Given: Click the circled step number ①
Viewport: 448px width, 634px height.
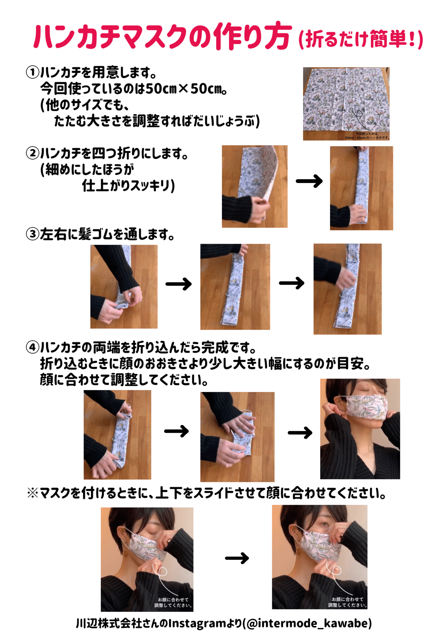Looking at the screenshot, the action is [x=33, y=72].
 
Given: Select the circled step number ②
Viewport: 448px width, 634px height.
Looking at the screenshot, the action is [x=33, y=153].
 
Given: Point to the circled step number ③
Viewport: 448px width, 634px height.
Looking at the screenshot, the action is [x=33, y=234].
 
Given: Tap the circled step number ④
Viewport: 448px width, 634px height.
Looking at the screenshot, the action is [x=33, y=348].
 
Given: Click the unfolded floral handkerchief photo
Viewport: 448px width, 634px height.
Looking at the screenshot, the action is [x=346, y=104].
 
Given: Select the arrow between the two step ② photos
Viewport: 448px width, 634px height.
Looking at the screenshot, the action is [x=309, y=181].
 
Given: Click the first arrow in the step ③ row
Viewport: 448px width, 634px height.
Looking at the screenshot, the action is [x=178, y=284].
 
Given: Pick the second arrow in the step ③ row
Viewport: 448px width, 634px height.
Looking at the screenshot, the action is [x=292, y=283].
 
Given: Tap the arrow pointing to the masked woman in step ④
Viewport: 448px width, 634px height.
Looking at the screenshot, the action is [x=300, y=433].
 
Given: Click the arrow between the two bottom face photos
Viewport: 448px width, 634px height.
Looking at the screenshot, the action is [x=237, y=558].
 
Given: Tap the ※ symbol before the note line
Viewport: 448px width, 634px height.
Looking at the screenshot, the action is [x=33, y=493].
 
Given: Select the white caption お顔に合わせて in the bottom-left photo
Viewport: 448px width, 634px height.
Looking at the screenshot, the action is [x=173, y=600].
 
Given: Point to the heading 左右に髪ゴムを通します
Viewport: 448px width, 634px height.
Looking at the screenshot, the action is [x=107, y=234].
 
